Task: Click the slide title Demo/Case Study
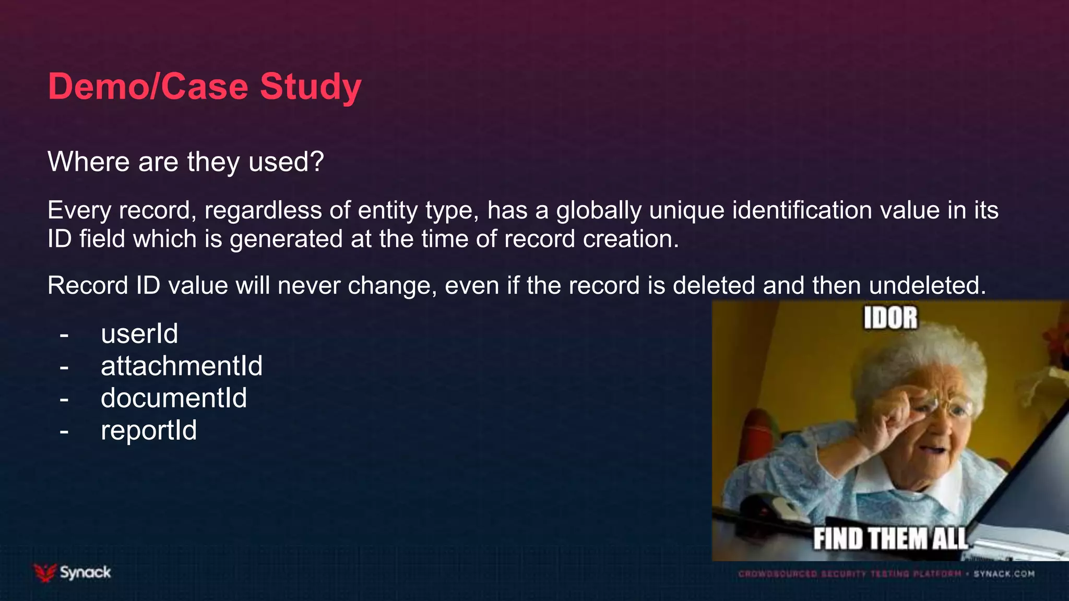(x=205, y=86)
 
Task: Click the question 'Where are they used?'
(x=186, y=162)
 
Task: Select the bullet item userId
(x=139, y=334)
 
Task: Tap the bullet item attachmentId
(x=182, y=366)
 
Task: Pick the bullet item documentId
(x=174, y=399)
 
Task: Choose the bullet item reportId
(x=149, y=431)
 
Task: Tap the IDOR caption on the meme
(x=890, y=318)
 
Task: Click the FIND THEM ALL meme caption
(x=890, y=539)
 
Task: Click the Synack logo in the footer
(x=73, y=573)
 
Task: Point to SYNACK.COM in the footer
(x=1004, y=574)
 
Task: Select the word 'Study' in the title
(x=311, y=86)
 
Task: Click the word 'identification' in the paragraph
(x=802, y=211)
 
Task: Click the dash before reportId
(x=64, y=432)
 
